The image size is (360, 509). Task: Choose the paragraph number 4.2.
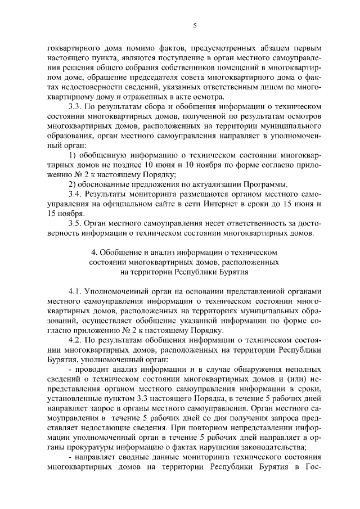coord(75,340)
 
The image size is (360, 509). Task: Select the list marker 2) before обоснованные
coord(72,184)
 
